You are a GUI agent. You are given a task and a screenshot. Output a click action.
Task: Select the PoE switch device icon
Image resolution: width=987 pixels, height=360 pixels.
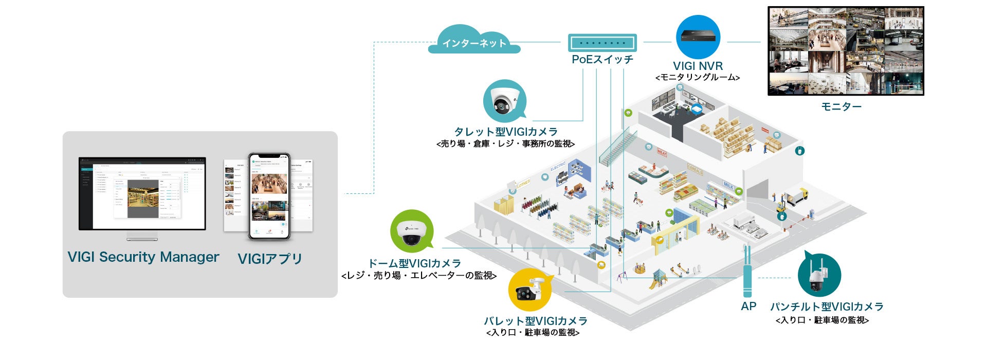pos(602,43)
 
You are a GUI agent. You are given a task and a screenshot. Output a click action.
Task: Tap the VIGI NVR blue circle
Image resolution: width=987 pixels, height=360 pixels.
pos(698,37)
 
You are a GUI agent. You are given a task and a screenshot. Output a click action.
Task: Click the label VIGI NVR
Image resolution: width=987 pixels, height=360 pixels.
pos(698,66)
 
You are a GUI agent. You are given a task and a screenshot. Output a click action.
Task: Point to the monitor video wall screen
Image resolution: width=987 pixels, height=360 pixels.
pos(845,51)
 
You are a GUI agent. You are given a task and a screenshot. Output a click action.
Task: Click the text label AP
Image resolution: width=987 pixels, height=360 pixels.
pos(748,307)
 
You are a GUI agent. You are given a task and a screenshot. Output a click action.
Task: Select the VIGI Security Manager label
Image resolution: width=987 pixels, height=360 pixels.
pos(143,257)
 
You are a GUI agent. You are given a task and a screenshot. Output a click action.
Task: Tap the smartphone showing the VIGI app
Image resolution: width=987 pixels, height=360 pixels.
pos(269,196)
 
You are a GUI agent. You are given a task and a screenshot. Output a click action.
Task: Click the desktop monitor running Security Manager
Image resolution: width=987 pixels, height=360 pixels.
pos(142,194)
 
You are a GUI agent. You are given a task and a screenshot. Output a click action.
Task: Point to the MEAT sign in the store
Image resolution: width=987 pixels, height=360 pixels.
pos(662,152)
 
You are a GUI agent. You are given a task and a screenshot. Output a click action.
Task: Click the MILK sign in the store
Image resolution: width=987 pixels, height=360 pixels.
pos(728,185)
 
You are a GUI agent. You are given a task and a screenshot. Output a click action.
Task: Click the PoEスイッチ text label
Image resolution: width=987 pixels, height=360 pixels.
pos(602,60)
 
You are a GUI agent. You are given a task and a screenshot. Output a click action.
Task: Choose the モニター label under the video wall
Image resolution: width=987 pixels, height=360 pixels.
pos(841,106)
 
